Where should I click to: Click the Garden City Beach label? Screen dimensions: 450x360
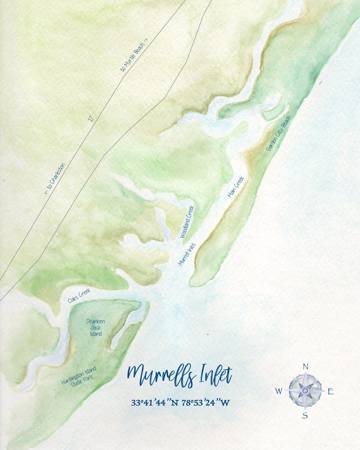click(279, 133)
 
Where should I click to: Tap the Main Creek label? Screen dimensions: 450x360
click(236, 187)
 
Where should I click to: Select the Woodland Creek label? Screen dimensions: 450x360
click(187, 222)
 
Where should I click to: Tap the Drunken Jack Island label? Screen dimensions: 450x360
click(96, 327)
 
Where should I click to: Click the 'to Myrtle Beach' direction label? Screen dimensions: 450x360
click(134, 57)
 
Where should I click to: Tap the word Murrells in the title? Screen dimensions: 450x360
click(161, 376)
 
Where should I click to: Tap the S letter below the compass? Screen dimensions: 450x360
click(305, 415)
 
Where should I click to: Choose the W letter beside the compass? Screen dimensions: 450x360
click(278, 391)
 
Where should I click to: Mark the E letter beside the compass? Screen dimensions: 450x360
click(330, 391)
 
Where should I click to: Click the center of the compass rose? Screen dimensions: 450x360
click(305, 390)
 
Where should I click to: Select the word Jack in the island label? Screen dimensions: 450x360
click(96, 328)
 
